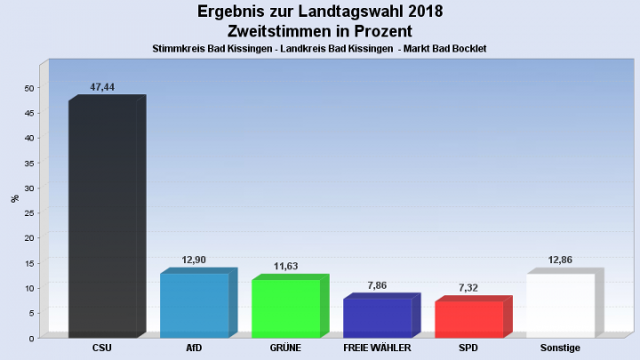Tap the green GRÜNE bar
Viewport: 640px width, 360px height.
(x=286, y=308)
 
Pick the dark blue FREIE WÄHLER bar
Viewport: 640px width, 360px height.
(x=378, y=317)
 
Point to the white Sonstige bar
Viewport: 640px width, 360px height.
(x=561, y=305)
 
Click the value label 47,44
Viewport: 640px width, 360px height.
(x=102, y=87)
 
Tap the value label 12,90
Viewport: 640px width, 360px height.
(x=194, y=259)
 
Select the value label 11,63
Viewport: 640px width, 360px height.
(x=285, y=266)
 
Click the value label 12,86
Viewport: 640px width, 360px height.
(x=560, y=260)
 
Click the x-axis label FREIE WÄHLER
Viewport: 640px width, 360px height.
(x=377, y=348)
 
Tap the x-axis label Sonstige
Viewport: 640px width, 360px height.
(x=560, y=348)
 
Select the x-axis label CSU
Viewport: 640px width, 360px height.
(x=102, y=348)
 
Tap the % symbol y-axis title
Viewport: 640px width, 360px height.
(x=14, y=198)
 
